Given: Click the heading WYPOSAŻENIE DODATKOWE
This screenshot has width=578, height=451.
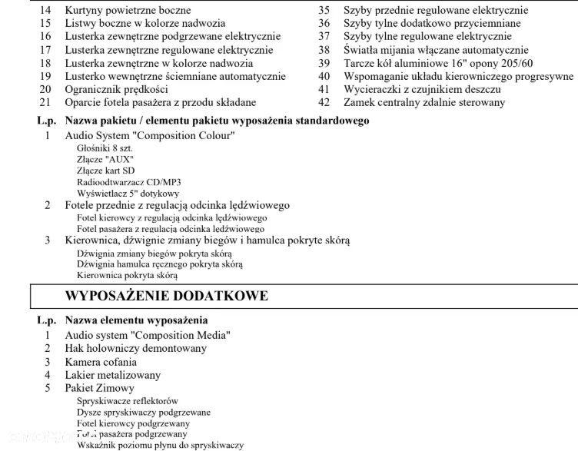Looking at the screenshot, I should coord(167,296).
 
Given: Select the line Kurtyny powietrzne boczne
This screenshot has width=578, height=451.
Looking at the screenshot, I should coord(127,10).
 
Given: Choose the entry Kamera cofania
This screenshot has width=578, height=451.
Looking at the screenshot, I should coord(101,362).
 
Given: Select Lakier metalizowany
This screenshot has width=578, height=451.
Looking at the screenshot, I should coord(113,375).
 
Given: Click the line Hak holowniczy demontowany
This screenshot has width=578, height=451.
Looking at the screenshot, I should coord(136,348).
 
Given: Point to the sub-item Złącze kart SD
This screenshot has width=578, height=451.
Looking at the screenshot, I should coord(106,171).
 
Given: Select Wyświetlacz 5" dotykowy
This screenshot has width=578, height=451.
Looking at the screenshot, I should coord(128,194).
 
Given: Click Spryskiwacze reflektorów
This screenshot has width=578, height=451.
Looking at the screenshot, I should coord(128,401).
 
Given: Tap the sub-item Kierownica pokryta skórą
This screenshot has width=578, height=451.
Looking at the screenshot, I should coord(127,275).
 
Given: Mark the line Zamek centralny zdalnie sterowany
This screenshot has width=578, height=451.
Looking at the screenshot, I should coord(424,102).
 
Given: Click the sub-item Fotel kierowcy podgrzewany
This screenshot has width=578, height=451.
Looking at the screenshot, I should coord(133,423).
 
